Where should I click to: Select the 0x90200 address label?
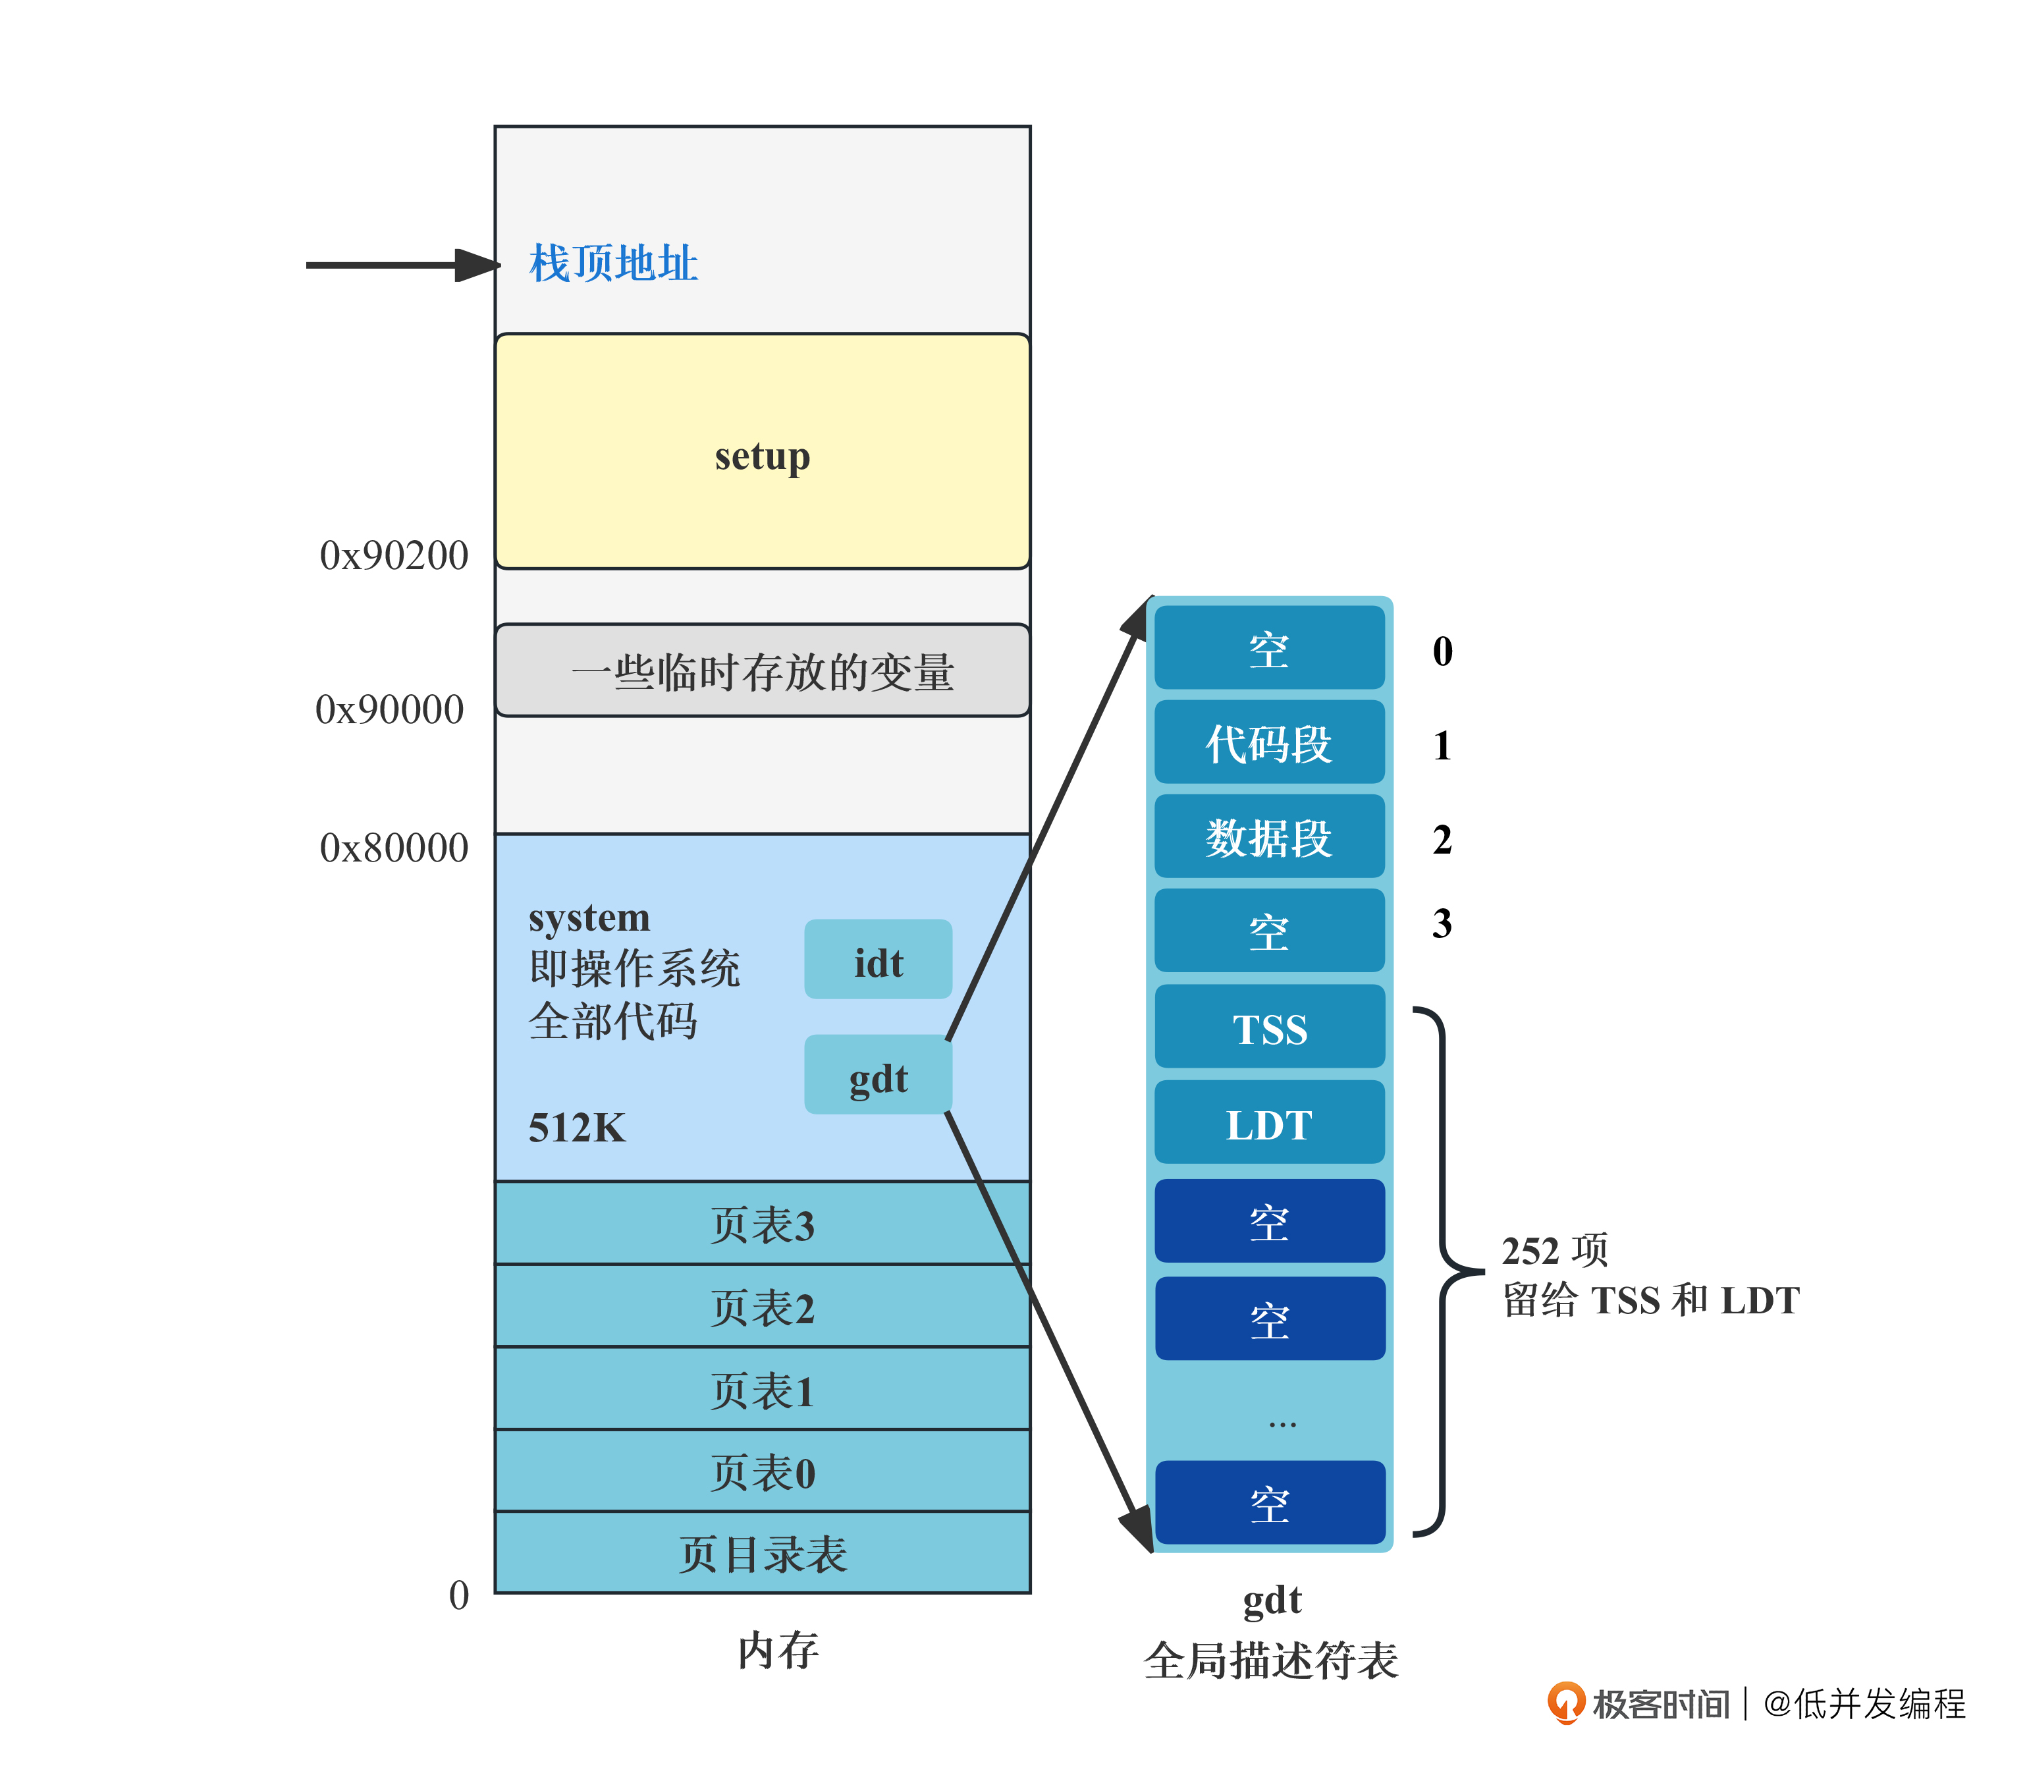coord(393,556)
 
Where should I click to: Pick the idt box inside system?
coord(877,960)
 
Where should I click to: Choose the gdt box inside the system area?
coord(877,1075)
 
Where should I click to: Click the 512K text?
coord(577,1128)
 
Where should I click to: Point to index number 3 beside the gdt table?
coord(1442,924)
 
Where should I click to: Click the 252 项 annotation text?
coord(1554,1250)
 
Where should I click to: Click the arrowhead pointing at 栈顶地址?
coord(477,265)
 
